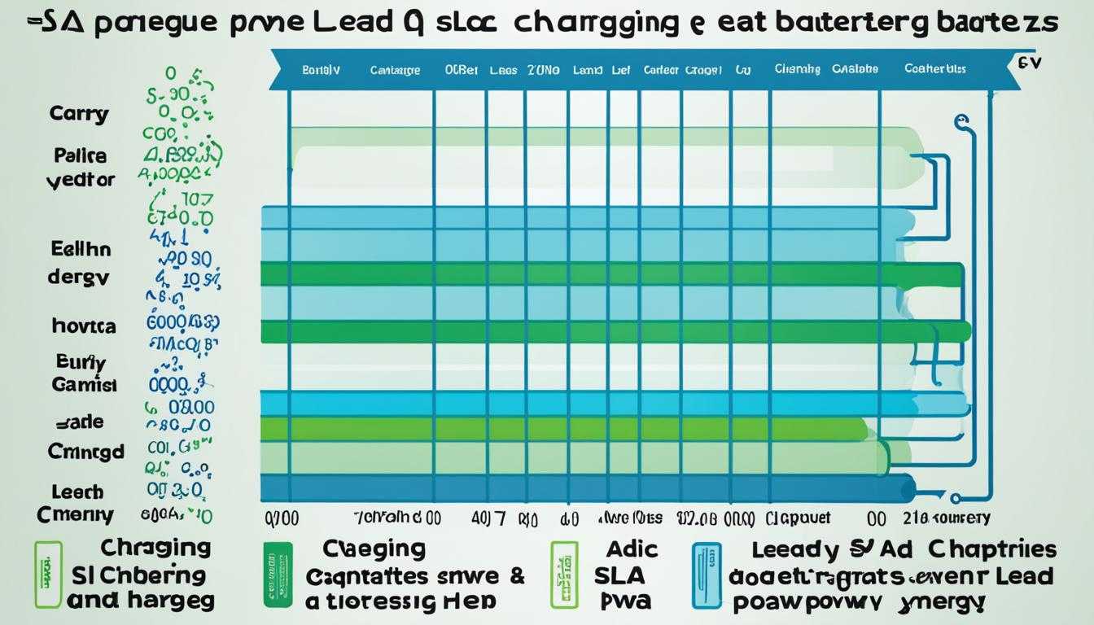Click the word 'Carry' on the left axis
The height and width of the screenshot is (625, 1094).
[x=78, y=113]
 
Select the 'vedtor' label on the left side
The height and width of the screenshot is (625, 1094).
[x=80, y=180]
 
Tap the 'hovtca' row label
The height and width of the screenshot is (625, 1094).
[x=83, y=326]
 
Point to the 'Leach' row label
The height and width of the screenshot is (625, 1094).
[x=77, y=492]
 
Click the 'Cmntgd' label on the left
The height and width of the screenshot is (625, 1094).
[x=85, y=451]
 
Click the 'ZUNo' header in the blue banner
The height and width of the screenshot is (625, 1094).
[x=543, y=70]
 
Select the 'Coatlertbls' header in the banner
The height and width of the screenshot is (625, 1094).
[x=934, y=69]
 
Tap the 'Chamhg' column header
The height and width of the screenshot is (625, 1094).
[x=797, y=70]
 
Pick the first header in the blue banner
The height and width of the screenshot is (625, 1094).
[x=321, y=70]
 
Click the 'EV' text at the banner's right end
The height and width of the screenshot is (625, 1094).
[x=1029, y=62]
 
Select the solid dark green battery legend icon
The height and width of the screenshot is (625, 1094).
[x=278, y=575]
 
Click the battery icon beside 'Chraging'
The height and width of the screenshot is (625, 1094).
[x=48, y=575]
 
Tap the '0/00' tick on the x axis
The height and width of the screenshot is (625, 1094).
[x=282, y=517]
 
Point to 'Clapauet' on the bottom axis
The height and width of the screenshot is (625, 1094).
[x=798, y=518]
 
